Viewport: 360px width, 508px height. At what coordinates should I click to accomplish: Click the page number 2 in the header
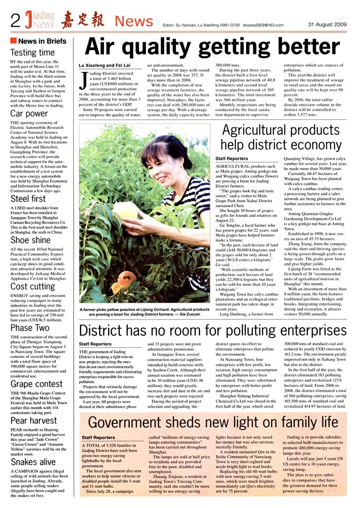[15, 21]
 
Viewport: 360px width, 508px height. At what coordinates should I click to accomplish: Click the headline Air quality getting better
[206, 46]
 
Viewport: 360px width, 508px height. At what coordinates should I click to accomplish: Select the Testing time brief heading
[32, 53]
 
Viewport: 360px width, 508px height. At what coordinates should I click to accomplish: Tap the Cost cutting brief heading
[32, 286]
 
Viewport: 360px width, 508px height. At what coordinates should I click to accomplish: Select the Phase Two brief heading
[30, 328]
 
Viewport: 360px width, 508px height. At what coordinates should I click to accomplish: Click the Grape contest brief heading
[37, 384]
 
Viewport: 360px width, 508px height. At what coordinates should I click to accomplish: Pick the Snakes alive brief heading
[33, 462]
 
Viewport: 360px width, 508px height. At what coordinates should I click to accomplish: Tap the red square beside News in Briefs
[14, 41]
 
